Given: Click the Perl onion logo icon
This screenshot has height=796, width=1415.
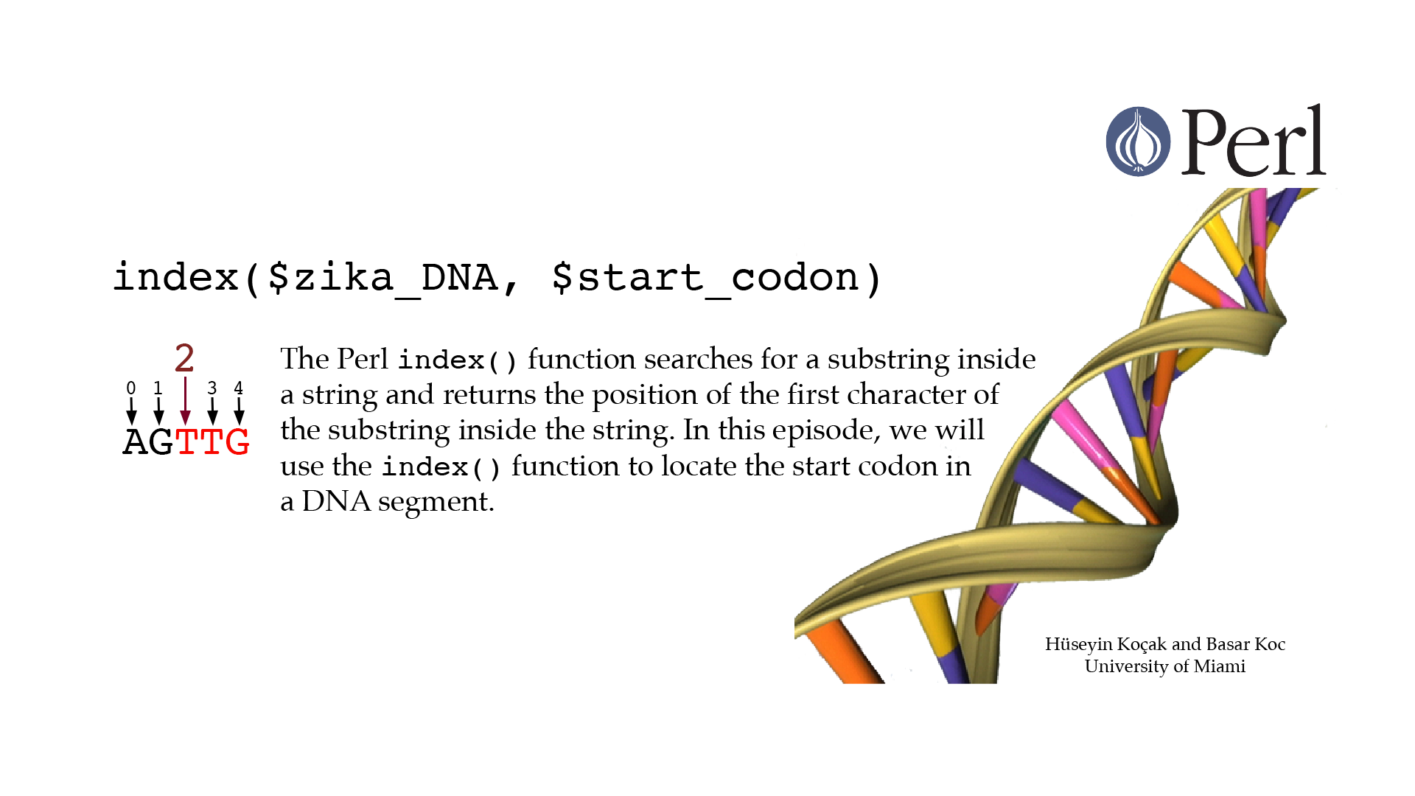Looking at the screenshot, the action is (x=1138, y=142).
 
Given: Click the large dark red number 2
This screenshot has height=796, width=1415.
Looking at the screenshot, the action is (x=184, y=358).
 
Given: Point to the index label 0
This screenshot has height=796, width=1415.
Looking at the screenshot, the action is (x=131, y=388).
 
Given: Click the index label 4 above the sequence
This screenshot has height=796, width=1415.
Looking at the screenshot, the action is (x=238, y=388).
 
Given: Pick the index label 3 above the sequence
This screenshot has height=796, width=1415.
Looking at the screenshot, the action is (x=212, y=388).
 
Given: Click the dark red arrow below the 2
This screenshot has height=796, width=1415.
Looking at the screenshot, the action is (x=185, y=400).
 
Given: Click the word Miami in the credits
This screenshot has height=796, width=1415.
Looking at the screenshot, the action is (x=1220, y=666).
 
